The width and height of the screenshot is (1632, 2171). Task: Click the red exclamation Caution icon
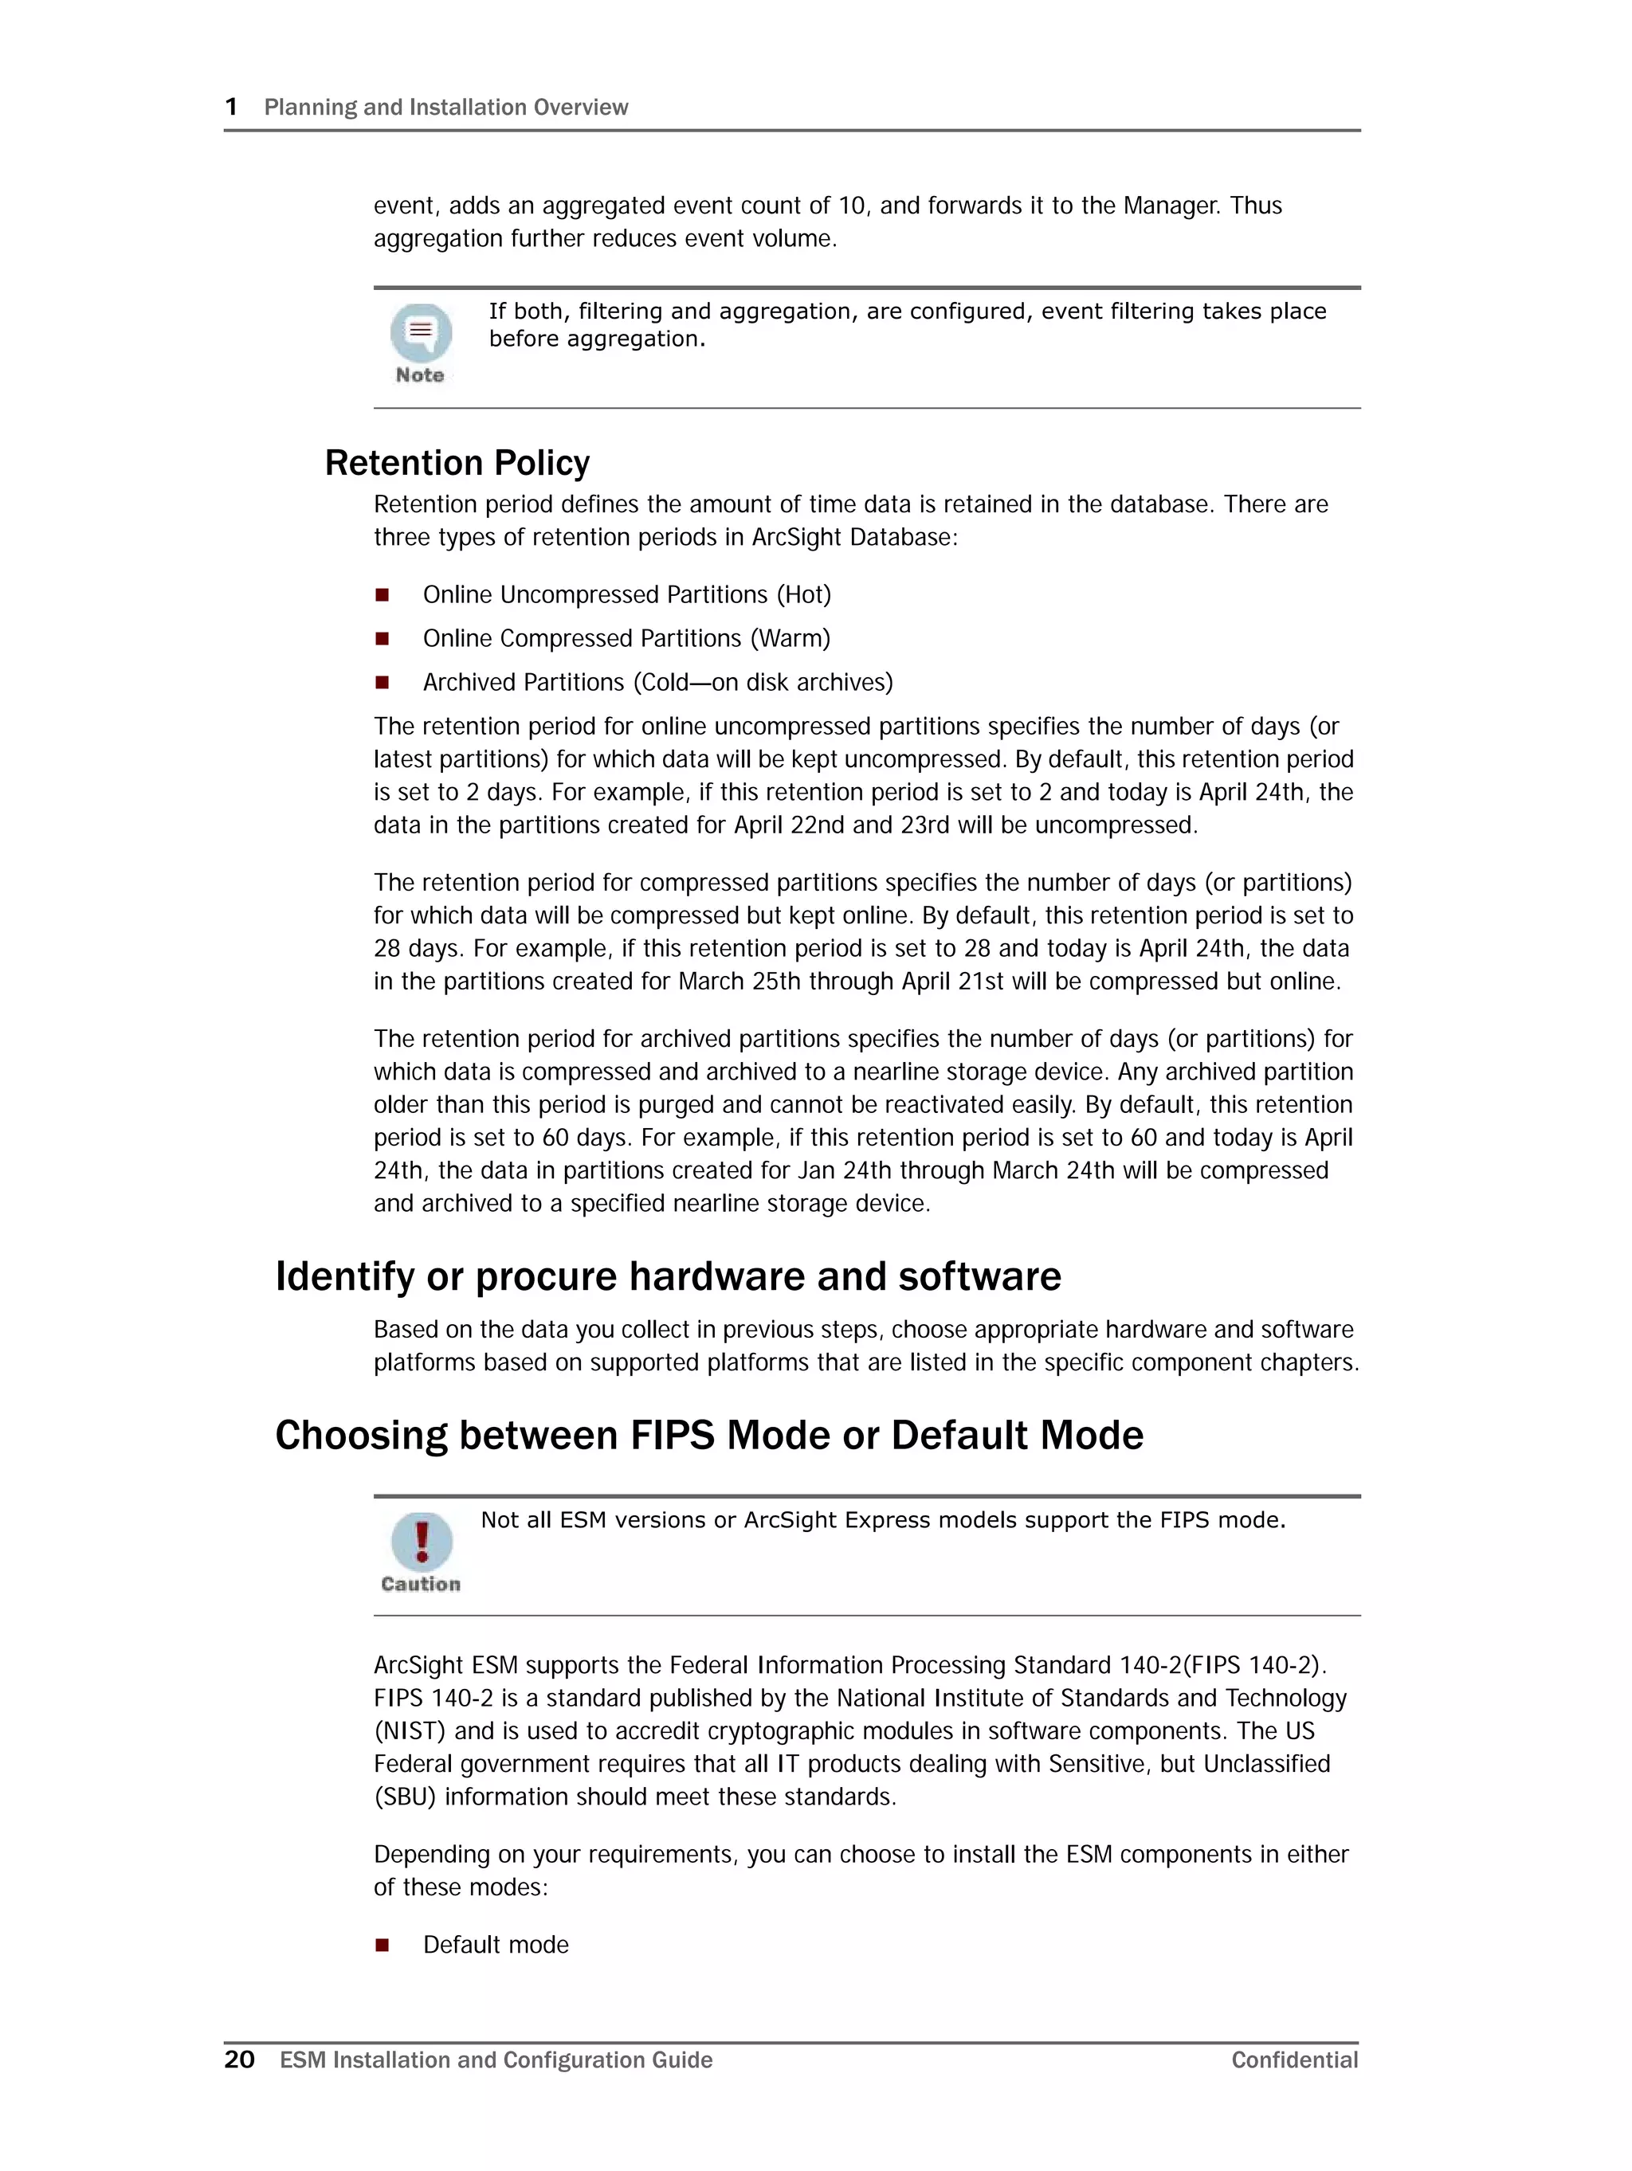[422, 1541]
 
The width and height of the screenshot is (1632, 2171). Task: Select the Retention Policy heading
[457, 462]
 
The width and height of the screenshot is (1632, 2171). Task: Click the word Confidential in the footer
[1293, 2060]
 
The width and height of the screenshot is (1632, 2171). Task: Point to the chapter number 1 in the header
[232, 107]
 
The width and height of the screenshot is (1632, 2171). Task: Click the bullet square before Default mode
[382, 1944]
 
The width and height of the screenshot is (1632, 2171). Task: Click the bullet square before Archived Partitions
[382, 682]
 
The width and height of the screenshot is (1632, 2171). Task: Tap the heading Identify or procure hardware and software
[668, 1276]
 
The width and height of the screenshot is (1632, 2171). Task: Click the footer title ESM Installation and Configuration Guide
[496, 2060]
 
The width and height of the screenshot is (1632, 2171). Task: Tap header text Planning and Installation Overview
[445, 107]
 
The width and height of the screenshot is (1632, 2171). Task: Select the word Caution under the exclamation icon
[420, 1584]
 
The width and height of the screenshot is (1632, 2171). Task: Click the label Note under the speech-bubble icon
[419, 375]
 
